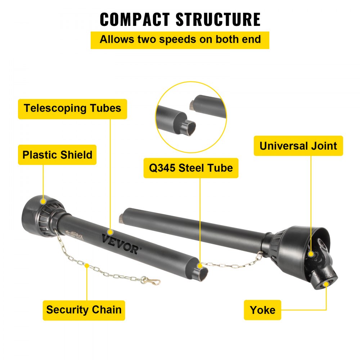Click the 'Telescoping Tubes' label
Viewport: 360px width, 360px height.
[72, 109]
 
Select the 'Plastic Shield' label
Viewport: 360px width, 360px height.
[57, 155]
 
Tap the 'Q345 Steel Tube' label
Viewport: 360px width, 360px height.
[191, 168]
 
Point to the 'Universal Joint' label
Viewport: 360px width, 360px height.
[298, 146]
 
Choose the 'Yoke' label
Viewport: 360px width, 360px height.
[262, 310]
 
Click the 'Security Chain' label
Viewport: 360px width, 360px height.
[84, 310]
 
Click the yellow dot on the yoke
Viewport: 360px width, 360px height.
[326, 284]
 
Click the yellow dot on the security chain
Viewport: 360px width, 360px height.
[87, 265]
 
